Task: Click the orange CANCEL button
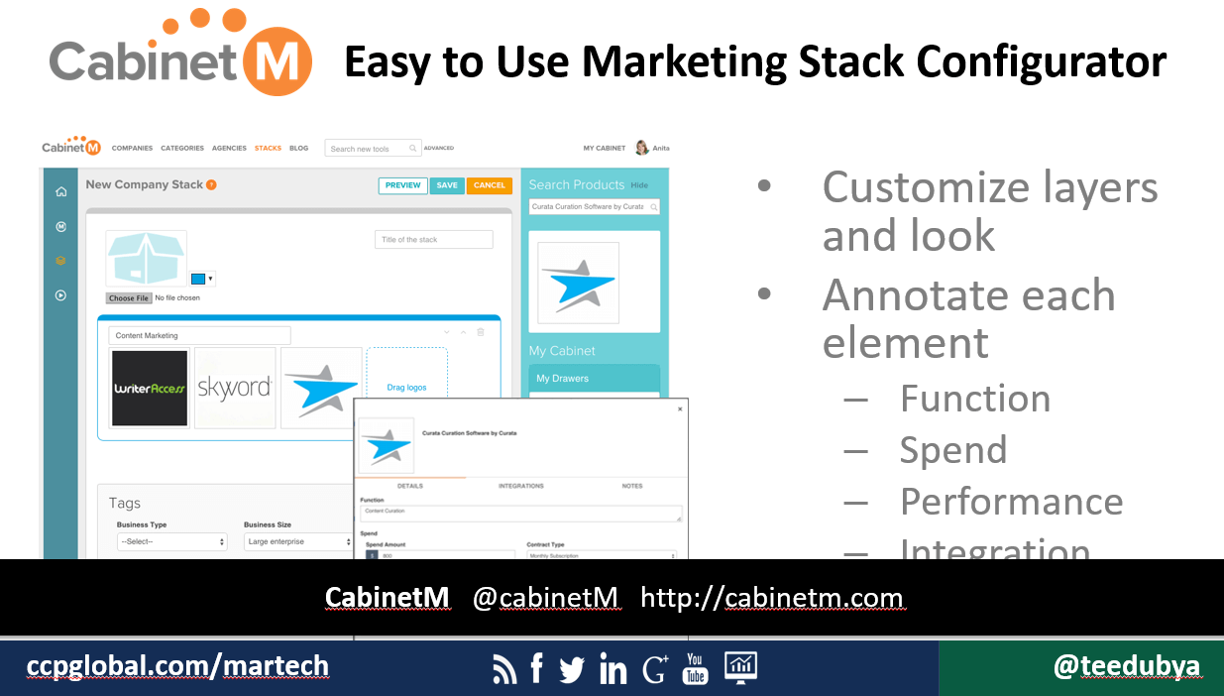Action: [x=490, y=185]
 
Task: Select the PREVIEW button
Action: [x=402, y=185]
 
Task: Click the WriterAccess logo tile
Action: [x=150, y=388]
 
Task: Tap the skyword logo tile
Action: [x=235, y=388]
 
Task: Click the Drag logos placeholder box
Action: [x=406, y=388]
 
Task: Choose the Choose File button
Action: [x=129, y=298]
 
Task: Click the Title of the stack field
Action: [x=433, y=240]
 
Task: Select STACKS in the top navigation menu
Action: [x=268, y=149]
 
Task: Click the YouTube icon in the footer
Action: [x=696, y=668]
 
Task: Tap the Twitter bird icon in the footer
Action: [x=572, y=670]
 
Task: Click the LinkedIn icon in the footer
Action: [x=612, y=670]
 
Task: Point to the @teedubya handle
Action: [x=1126, y=667]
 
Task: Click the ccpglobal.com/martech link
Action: [x=177, y=667]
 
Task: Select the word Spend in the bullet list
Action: [x=952, y=450]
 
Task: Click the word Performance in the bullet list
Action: [x=1011, y=502]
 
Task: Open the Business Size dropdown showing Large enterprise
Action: [x=298, y=542]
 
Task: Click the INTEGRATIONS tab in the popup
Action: [x=521, y=486]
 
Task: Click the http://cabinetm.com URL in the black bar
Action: [x=771, y=598]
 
